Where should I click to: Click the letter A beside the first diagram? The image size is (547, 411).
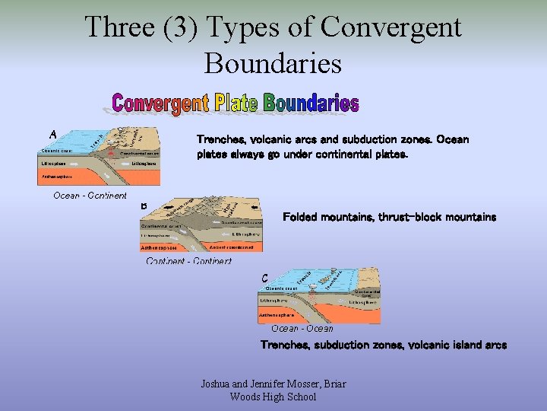53,135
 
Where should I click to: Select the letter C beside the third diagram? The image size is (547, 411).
264,279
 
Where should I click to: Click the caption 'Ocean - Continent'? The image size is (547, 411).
90,196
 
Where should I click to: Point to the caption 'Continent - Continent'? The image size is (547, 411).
188,261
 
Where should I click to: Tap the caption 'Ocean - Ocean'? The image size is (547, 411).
302,329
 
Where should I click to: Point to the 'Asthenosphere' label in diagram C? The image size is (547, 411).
278,314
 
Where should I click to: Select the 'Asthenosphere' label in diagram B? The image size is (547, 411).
159,247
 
